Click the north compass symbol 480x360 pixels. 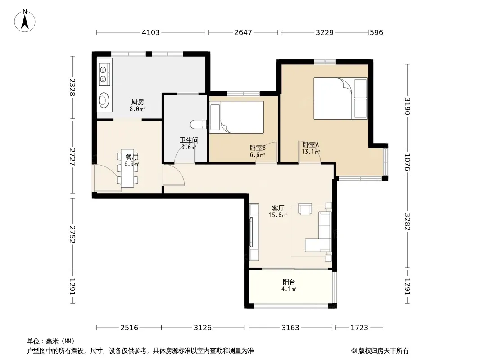click(x=25, y=21)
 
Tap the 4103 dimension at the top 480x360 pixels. click(x=151, y=32)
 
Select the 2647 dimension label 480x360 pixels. click(x=243, y=32)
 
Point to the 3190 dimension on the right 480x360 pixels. click(x=407, y=106)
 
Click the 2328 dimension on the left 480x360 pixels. click(x=72, y=87)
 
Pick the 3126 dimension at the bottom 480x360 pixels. click(x=202, y=328)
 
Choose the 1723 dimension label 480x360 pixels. click(x=359, y=328)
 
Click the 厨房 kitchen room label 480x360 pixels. click(x=138, y=102)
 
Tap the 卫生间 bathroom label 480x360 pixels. click(x=189, y=140)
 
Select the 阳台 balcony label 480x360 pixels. click(x=289, y=282)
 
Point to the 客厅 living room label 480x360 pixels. click(x=278, y=208)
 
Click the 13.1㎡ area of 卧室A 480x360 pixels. click(x=311, y=152)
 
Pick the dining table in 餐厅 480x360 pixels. click(x=127, y=168)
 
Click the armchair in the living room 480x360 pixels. click(x=305, y=209)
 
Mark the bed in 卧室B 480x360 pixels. click(x=236, y=117)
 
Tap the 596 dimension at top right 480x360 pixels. click(x=376, y=32)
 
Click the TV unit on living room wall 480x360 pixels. click(x=254, y=232)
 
